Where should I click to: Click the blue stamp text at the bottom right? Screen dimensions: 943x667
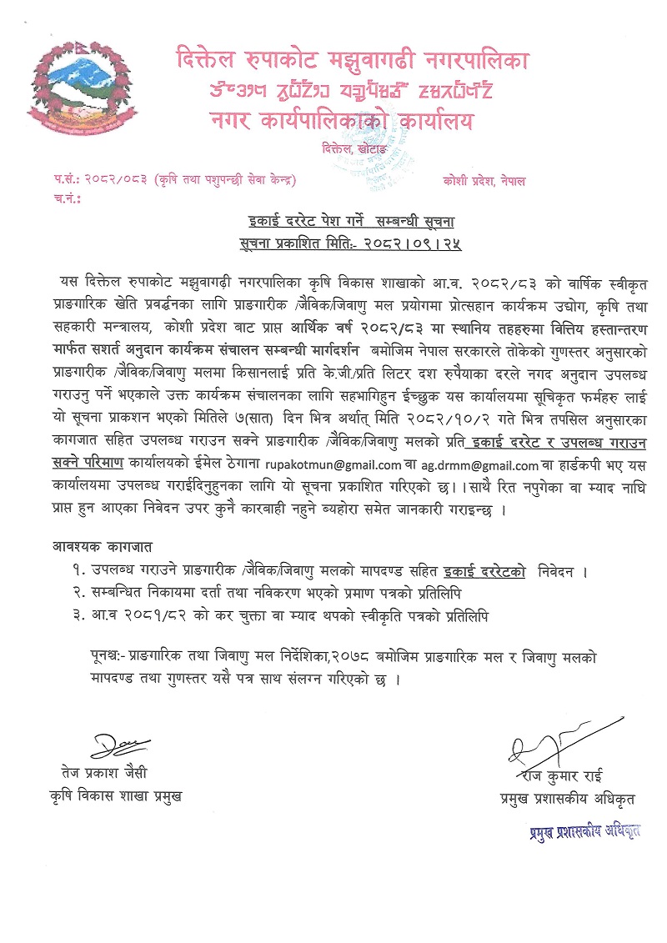tap(584, 830)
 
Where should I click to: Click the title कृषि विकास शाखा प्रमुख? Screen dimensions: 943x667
tap(115, 795)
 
